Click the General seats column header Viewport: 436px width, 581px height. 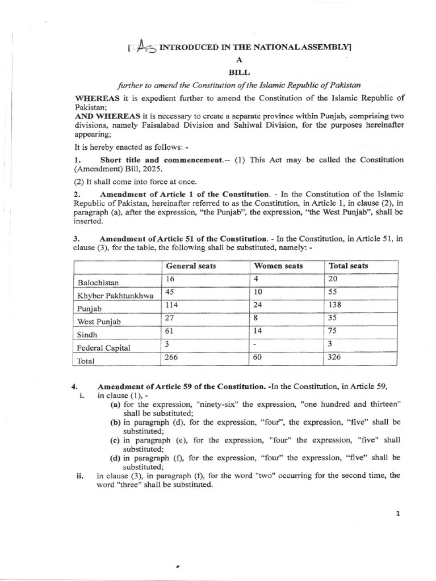coord(191,266)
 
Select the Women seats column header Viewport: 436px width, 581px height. coord(279,266)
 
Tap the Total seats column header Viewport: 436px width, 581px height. coord(349,266)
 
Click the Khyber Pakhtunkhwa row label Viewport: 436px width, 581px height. coord(116,296)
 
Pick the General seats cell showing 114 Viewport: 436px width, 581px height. coord(172,304)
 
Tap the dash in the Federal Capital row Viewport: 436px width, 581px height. coord(256,344)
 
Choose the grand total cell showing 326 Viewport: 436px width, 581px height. coord(335,357)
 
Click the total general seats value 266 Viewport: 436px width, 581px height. coord(172,357)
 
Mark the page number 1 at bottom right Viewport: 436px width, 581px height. coord(398,514)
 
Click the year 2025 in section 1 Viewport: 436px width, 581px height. coord(153,169)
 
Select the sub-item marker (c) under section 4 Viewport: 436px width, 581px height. coord(115,440)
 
